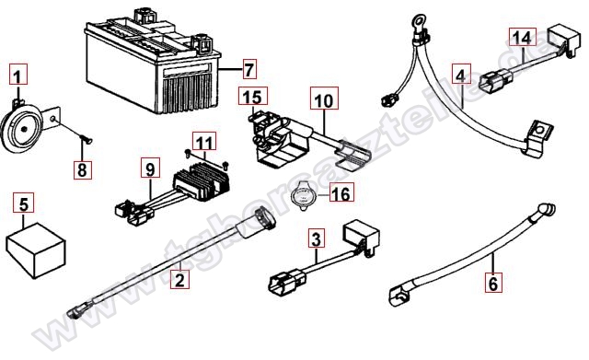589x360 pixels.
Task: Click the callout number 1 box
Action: click(20, 72)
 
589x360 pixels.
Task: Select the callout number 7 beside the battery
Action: click(247, 69)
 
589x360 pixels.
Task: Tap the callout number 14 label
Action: click(522, 38)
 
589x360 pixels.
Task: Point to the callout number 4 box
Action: click(462, 72)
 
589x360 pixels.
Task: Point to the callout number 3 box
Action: click(316, 240)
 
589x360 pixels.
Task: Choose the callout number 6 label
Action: click(493, 283)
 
